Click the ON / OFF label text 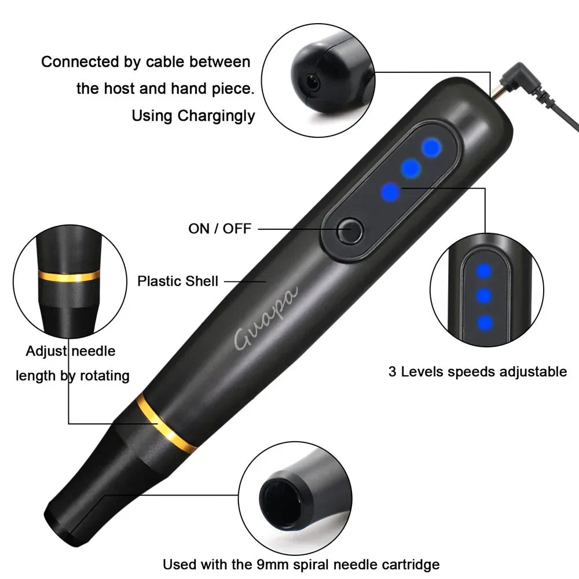[x=219, y=229]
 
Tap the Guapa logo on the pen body [x=266, y=319]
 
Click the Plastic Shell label [x=178, y=281]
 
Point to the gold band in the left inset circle [x=68, y=276]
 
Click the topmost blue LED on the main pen [x=431, y=148]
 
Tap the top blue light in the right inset [x=483, y=270]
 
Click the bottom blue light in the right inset [x=484, y=322]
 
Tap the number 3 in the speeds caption [x=392, y=372]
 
